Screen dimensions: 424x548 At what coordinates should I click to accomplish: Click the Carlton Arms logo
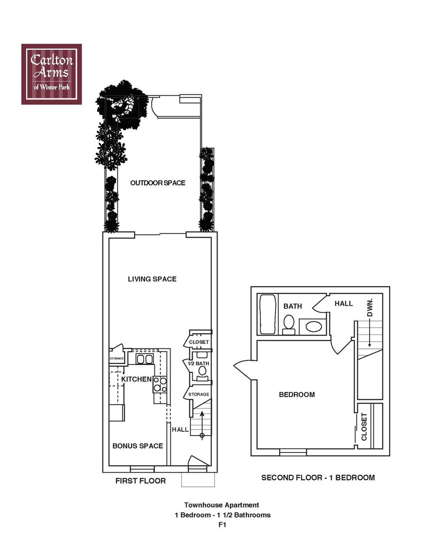pyautogui.click(x=51, y=74)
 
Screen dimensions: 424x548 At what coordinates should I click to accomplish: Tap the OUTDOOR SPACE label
pyautogui.click(x=158, y=183)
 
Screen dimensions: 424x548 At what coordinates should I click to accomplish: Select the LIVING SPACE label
pyautogui.click(x=152, y=279)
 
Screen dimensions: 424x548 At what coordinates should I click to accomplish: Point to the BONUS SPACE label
pyautogui.click(x=137, y=445)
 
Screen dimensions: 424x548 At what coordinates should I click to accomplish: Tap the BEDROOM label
pyautogui.click(x=297, y=394)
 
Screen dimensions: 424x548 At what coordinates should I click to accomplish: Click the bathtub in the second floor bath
pyautogui.click(x=266, y=315)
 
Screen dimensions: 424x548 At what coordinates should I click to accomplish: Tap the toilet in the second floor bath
pyautogui.click(x=289, y=324)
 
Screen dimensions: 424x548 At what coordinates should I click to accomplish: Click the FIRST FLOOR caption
pyautogui.click(x=141, y=481)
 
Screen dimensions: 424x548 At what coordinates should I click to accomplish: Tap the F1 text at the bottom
pyautogui.click(x=222, y=526)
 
